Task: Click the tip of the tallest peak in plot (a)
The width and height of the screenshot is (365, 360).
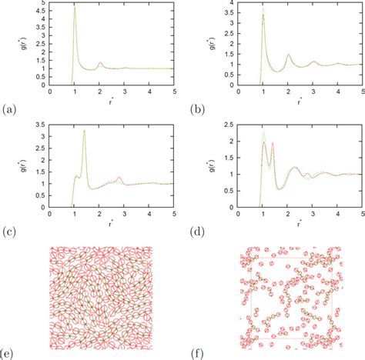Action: tap(74, 7)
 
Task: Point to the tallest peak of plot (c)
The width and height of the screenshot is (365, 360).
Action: tap(84, 131)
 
